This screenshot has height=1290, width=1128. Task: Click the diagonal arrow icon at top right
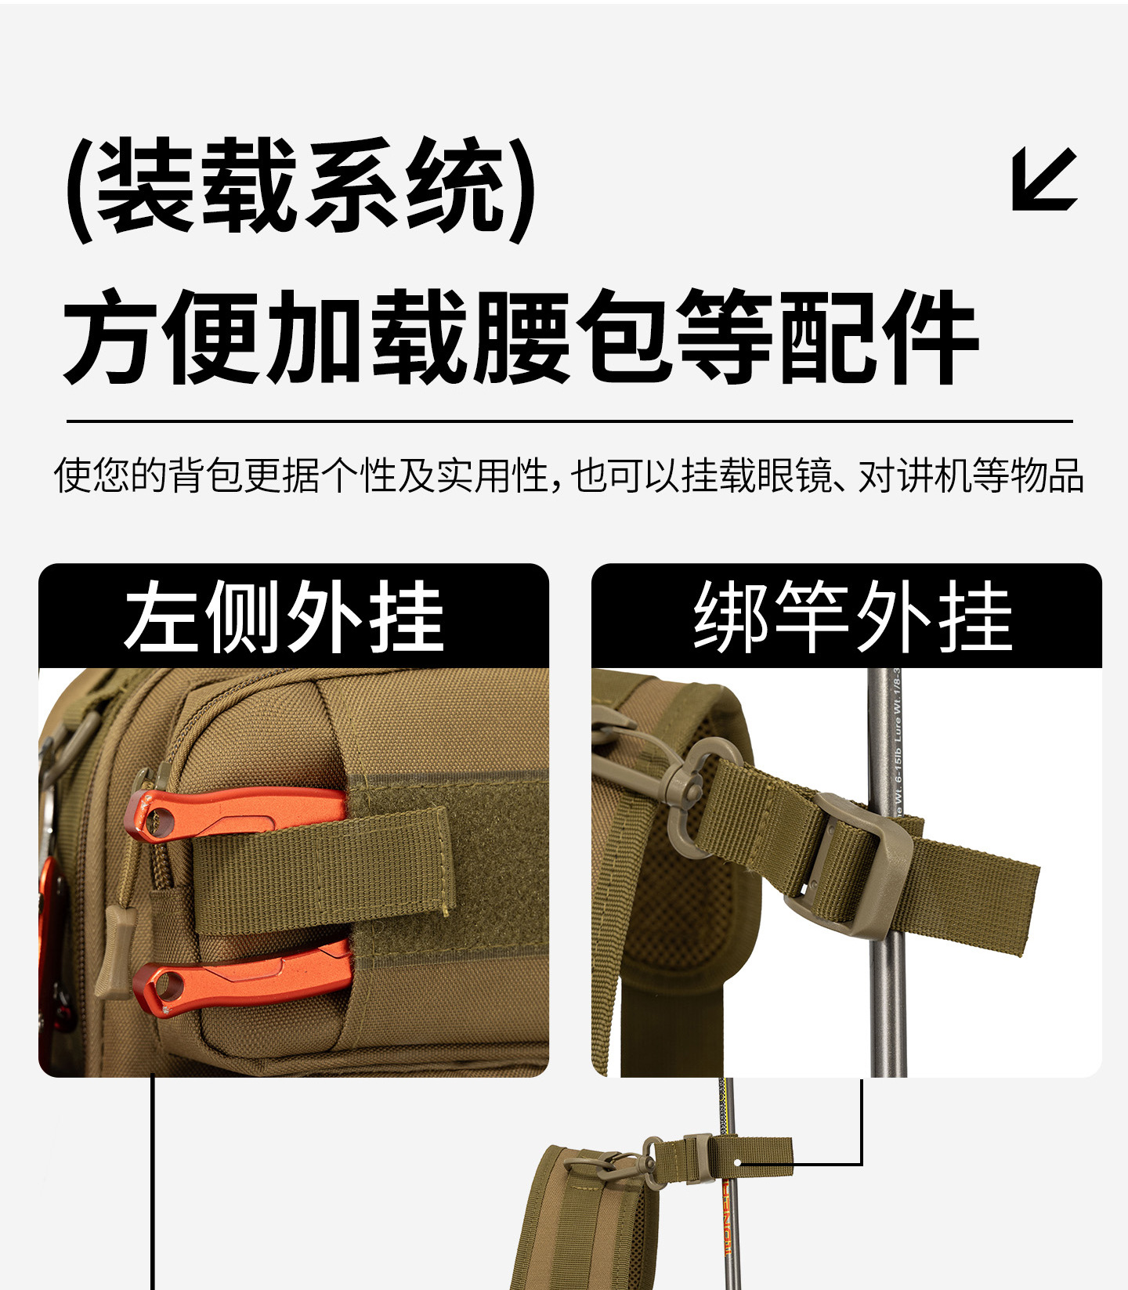(1044, 179)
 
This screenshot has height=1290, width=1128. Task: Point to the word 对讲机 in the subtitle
(914, 475)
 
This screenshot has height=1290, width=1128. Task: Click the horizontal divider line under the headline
(569, 421)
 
